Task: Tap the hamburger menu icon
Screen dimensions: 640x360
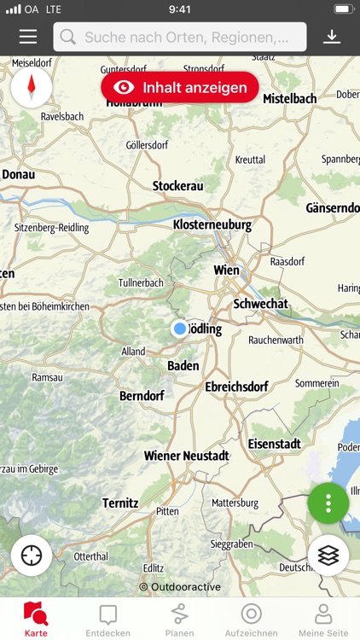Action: pyautogui.click(x=28, y=37)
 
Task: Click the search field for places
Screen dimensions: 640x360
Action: pyautogui.click(x=180, y=37)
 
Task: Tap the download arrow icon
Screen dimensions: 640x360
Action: pyautogui.click(x=332, y=37)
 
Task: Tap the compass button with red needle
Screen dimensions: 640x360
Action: pyautogui.click(x=32, y=87)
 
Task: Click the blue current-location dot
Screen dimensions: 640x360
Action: pyautogui.click(x=179, y=329)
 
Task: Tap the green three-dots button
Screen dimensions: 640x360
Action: pyautogui.click(x=328, y=503)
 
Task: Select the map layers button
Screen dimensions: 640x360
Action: pyautogui.click(x=328, y=556)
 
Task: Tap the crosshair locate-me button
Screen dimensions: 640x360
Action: pyautogui.click(x=32, y=556)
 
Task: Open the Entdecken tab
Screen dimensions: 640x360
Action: pyautogui.click(x=107, y=620)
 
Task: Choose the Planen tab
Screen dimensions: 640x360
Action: pyautogui.click(x=179, y=620)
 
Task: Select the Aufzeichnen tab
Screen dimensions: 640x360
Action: pyautogui.click(x=251, y=620)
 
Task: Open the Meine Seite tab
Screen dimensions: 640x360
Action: pyautogui.click(x=322, y=620)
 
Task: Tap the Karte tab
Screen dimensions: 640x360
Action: pyautogui.click(x=36, y=620)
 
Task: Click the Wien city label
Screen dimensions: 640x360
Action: pyautogui.click(x=226, y=270)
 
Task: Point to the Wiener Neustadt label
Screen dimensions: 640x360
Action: pyautogui.click(x=186, y=456)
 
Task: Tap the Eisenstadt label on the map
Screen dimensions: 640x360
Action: pyautogui.click(x=274, y=444)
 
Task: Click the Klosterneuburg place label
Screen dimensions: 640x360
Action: pyautogui.click(x=212, y=225)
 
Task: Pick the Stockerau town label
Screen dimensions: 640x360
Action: pyautogui.click(x=177, y=186)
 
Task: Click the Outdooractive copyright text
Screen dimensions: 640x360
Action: pyautogui.click(x=180, y=587)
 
